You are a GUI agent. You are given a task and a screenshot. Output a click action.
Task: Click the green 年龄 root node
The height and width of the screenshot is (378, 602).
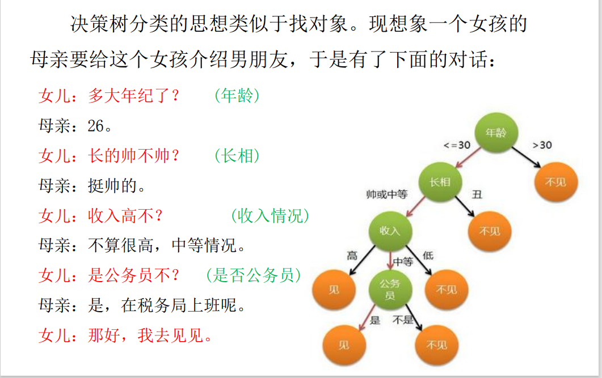[496, 133]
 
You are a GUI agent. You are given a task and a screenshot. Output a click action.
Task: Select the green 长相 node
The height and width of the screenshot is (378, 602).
[440, 182]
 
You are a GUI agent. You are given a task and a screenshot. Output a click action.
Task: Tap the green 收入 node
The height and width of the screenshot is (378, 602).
[390, 231]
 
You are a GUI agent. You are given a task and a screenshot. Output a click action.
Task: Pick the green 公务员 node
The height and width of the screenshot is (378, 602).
[390, 289]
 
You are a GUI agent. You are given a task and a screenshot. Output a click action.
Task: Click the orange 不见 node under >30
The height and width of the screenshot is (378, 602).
[555, 182]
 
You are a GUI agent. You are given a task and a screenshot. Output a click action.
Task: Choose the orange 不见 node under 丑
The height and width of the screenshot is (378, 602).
[489, 231]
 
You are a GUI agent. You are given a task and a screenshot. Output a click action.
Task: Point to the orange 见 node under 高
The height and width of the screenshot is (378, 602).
[334, 290]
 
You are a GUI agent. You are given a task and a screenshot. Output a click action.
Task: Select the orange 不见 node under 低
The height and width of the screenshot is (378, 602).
[447, 290]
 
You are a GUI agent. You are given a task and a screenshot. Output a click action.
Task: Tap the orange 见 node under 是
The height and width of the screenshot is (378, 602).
[344, 345]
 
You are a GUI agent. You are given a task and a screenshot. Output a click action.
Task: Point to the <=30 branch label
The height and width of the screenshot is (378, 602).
[457, 145]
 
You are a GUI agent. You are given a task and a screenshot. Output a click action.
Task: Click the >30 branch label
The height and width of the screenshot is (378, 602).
[542, 145]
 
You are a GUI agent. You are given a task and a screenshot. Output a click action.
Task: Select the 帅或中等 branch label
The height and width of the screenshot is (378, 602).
[387, 194]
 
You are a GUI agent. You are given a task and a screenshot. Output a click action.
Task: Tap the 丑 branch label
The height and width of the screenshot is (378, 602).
[477, 194]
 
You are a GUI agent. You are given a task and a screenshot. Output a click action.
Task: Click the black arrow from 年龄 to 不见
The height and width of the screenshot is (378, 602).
[526, 156]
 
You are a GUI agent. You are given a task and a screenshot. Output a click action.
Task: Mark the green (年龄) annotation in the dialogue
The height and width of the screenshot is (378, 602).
[237, 96]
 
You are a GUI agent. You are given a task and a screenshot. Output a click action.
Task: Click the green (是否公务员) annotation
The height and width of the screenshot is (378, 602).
[253, 275]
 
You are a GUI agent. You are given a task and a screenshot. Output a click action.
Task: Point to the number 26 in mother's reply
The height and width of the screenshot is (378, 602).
[96, 126]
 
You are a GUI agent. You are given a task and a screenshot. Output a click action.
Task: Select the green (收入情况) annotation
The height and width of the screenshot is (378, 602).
[270, 215]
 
